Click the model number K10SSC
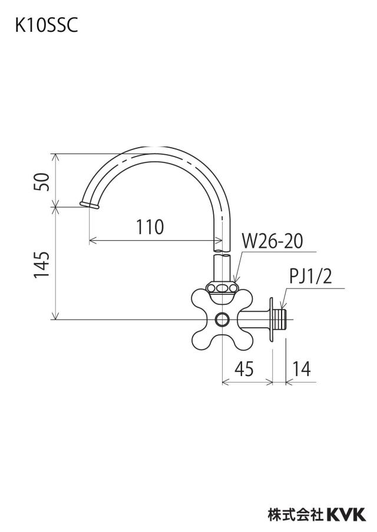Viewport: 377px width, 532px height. point(46,25)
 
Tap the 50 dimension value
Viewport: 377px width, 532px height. point(42,181)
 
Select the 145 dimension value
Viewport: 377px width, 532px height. point(42,265)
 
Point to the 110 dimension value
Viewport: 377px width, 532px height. point(150,227)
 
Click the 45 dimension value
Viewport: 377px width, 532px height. point(244,368)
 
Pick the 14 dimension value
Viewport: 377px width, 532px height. point(301,369)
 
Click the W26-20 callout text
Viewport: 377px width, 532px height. point(272,241)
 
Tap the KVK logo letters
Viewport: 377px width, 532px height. point(346,515)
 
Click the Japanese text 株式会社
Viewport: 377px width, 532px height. point(296,515)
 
